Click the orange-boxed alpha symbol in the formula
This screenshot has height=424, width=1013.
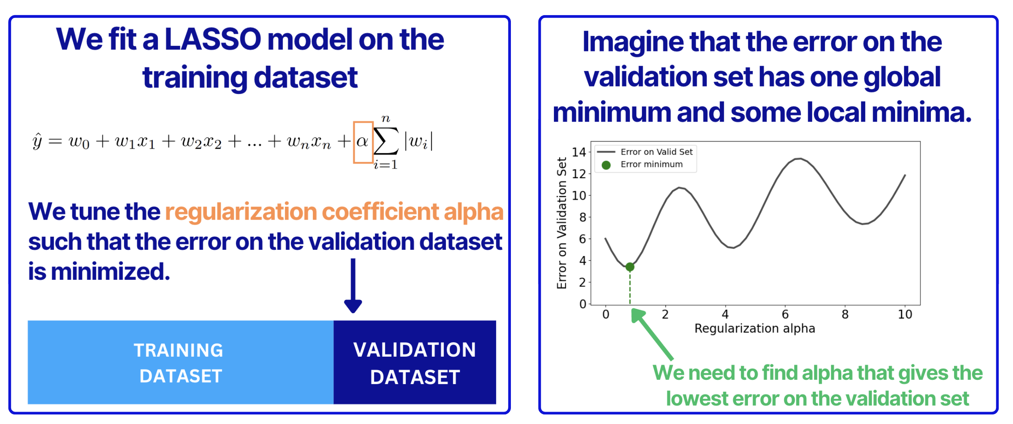(362, 142)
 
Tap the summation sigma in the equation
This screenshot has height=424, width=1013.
(385, 141)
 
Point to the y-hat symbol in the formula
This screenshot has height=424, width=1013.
(37, 141)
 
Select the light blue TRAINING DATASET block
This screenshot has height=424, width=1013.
(180, 363)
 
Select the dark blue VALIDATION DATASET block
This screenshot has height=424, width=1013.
(414, 363)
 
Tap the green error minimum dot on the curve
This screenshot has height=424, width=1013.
(630, 267)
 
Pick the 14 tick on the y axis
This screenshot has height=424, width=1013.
(579, 152)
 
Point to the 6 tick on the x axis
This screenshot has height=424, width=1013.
(785, 315)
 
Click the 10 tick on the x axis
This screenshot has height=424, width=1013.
(905, 315)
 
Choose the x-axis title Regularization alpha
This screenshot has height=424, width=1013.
(755, 329)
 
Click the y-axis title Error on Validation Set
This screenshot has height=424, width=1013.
(561, 223)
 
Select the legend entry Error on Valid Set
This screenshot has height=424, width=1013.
(656, 152)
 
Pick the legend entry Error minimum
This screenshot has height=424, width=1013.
(651, 165)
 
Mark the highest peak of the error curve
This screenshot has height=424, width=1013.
(799, 159)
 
